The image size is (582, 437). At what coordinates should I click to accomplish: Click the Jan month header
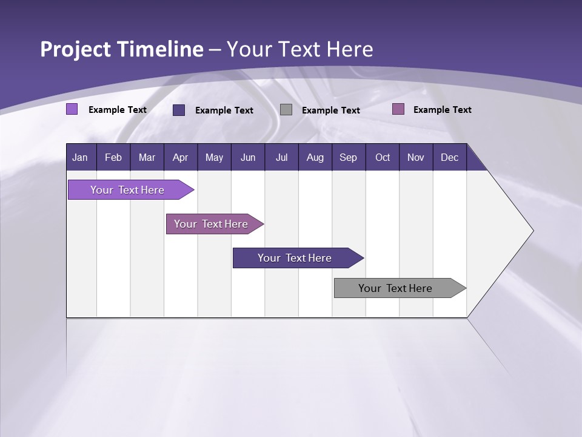point(80,157)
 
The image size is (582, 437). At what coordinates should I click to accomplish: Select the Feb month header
point(113,157)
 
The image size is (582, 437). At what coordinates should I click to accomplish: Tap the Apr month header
point(180,157)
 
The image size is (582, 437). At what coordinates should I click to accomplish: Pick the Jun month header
point(248,157)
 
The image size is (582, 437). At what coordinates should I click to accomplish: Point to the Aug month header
point(315,157)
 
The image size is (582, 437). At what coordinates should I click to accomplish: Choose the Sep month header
point(348,157)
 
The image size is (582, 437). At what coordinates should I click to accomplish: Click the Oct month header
point(383,157)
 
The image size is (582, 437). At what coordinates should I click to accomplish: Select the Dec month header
point(449,157)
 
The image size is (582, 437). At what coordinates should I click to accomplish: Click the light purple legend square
point(72,109)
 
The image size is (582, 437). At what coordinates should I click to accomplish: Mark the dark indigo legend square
point(179,110)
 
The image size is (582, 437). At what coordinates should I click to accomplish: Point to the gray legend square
point(286,109)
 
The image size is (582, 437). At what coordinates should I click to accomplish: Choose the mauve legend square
point(398,109)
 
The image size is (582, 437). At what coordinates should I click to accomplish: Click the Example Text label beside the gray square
point(331,110)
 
